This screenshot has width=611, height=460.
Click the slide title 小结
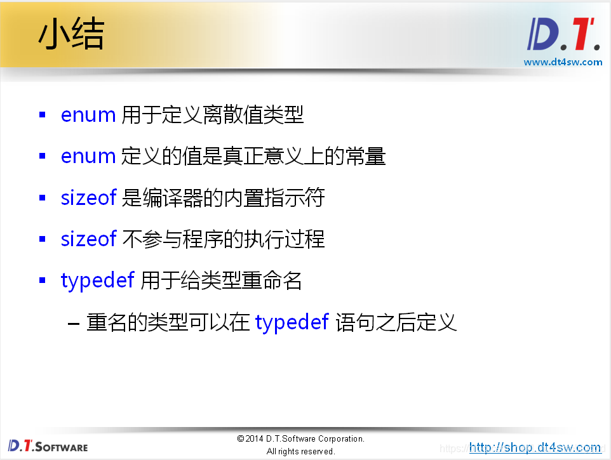pyautogui.click(x=71, y=36)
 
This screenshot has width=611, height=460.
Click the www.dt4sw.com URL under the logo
pyautogui.click(x=563, y=62)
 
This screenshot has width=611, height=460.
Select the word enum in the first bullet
pyautogui.click(x=88, y=115)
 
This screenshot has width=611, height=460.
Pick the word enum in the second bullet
pyautogui.click(x=88, y=156)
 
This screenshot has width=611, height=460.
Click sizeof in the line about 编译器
pyautogui.click(x=88, y=198)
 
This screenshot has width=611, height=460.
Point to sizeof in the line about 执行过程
pyautogui.click(x=88, y=239)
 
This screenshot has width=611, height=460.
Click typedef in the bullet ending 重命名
pyautogui.click(x=97, y=281)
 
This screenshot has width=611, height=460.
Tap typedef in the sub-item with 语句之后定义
pyautogui.click(x=292, y=323)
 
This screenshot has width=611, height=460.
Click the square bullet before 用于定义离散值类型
pyautogui.click(x=43, y=115)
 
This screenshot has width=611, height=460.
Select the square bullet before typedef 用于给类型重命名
pyautogui.click(x=43, y=280)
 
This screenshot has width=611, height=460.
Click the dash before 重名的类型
pyautogui.click(x=74, y=324)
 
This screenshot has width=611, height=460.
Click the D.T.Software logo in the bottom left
pyautogui.click(x=48, y=445)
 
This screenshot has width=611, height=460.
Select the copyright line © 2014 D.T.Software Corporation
pyautogui.click(x=300, y=438)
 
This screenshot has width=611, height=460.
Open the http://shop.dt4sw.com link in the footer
pyautogui.click(x=535, y=447)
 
